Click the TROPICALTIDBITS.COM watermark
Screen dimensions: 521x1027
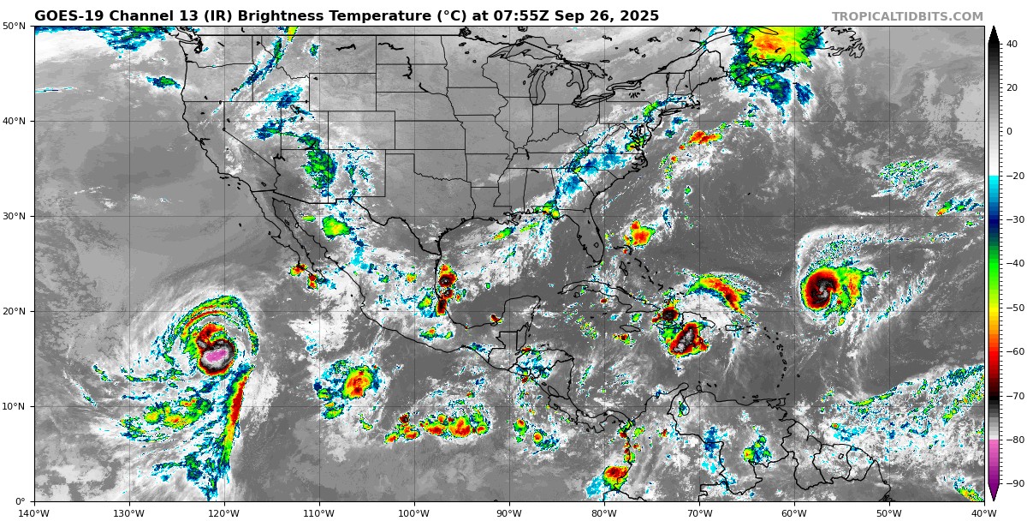click(x=907, y=16)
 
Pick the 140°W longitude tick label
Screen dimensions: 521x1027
click(x=34, y=513)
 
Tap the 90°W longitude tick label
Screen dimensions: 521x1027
click(x=509, y=513)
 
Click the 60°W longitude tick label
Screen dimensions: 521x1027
click(x=794, y=513)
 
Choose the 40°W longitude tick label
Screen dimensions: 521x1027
click(x=984, y=513)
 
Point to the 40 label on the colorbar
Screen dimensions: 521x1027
click(x=1012, y=44)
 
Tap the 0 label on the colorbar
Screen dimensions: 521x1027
click(x=1009, y=132)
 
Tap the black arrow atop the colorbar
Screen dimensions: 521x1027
click(x=994, y=33)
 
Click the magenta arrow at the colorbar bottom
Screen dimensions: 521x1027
click(x=994, y=493)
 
